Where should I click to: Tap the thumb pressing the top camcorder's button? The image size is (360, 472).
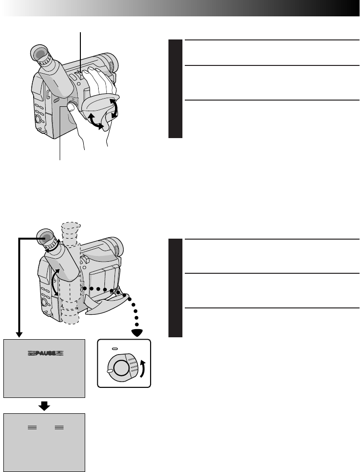click(71, 109)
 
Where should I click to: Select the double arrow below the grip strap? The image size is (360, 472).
click(95, 121)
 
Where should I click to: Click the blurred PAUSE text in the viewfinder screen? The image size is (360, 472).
click(44, 353)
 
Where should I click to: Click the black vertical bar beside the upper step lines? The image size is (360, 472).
click(176, 89)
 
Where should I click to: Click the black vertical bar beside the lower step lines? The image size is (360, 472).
click(176, 288)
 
